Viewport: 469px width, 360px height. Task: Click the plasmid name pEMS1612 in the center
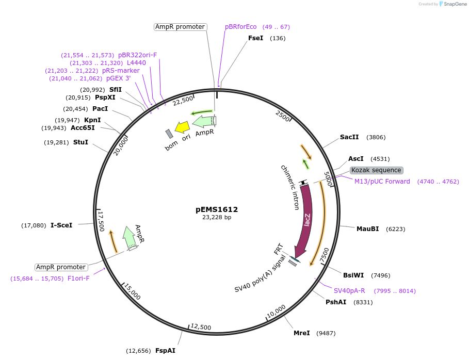click(217, 209)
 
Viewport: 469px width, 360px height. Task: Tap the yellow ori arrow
click(182, 127)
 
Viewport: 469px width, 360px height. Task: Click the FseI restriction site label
click(256, 38)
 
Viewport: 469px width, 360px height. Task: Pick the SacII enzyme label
click(349, 137)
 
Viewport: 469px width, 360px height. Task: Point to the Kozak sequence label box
click(376, 170)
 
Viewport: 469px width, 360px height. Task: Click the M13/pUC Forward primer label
click(382, 181)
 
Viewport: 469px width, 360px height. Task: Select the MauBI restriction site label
click(368, 228)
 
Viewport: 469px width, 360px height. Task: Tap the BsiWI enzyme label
click(353, 275)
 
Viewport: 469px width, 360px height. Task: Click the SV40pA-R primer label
click(349, 291)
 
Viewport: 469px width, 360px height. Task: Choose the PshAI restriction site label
click(336, 302)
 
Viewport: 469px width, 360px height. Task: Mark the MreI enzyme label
click(302, 333)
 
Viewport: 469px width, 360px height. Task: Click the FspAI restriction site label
click(166, 350)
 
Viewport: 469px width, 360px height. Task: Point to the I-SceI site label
click(61, 225)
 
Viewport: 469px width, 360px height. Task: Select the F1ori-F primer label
click(78, 279)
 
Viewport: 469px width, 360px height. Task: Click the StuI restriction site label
click(80, 142)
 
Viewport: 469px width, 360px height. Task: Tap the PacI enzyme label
click(100, 109)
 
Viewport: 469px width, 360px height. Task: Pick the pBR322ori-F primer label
click(137, 55)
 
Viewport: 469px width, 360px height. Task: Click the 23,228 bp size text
click(217, 218)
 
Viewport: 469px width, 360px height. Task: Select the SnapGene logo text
click(454, 4)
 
